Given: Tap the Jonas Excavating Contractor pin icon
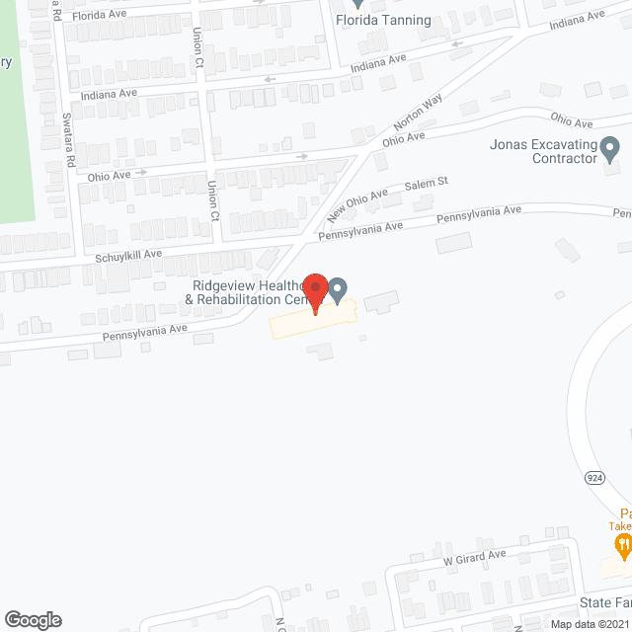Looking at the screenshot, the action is coord(610,151).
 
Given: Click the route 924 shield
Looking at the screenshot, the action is coord(594,477).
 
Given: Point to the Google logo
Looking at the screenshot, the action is coord(32,619).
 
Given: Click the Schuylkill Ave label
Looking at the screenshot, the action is coord(128,255).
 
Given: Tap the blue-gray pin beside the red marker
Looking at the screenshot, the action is coord(338,289).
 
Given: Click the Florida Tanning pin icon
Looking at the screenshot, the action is coord(357,4).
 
